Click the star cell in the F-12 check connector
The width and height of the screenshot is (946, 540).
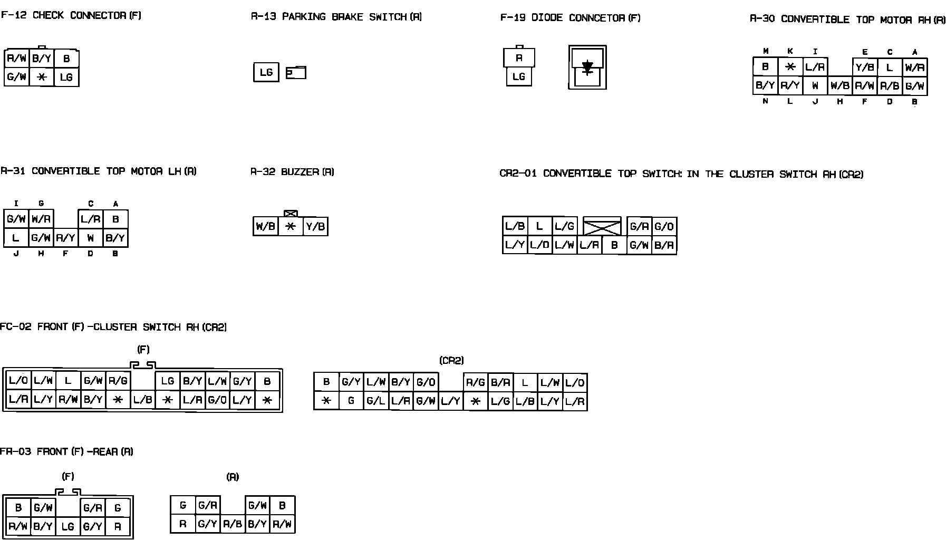point(42,77)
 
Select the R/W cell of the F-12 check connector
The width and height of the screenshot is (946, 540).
point(17,59)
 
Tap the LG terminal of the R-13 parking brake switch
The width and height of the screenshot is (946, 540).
point(266,72)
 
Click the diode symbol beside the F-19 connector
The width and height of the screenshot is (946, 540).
point(587,67)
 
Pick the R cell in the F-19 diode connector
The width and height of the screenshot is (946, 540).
point(519,58)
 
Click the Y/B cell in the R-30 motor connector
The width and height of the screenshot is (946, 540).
point(865,67)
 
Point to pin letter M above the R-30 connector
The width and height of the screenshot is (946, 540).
point(766,51)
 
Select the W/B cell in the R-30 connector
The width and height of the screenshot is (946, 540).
point(839,85)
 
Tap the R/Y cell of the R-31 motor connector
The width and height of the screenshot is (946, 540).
point(65,238)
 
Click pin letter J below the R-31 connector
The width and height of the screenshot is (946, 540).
point(16,254)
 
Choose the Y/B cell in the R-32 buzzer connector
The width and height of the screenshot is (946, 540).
point(315,227)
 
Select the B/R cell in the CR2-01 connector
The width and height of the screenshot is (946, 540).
point(664,245)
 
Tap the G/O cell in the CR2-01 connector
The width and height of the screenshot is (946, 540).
point(664,227)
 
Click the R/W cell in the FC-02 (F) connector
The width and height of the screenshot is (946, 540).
point(68,400)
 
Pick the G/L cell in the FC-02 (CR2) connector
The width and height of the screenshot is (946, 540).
point(375,401)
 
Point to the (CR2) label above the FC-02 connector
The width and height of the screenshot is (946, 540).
point(451,361)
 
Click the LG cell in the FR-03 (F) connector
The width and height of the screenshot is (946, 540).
point(67,526)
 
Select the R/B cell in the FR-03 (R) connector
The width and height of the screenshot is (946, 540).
point(233,524)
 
